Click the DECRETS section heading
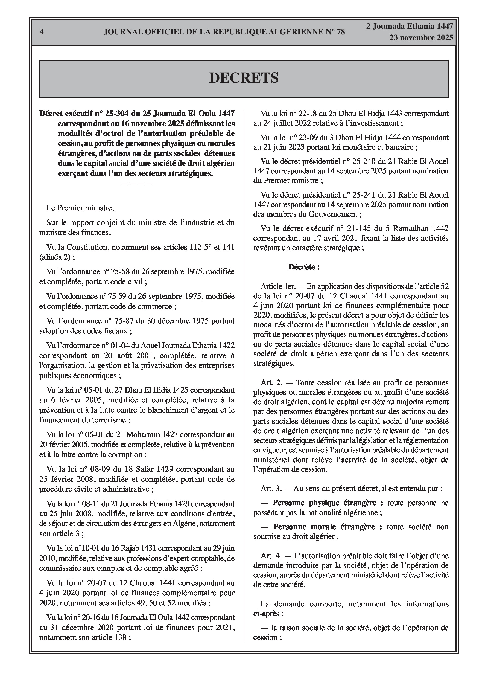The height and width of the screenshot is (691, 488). (x=244, y=78)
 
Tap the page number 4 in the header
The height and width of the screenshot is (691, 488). (x=42, y=32)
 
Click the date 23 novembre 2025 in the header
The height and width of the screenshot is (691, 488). (x=421, y=38)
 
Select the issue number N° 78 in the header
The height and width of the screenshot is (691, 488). (x=335, y=32)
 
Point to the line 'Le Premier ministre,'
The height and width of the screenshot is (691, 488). (x=80, y=208)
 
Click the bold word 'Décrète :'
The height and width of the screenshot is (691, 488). (x=304, y=267)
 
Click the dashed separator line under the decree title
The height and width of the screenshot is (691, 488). (x=137, y=184)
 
